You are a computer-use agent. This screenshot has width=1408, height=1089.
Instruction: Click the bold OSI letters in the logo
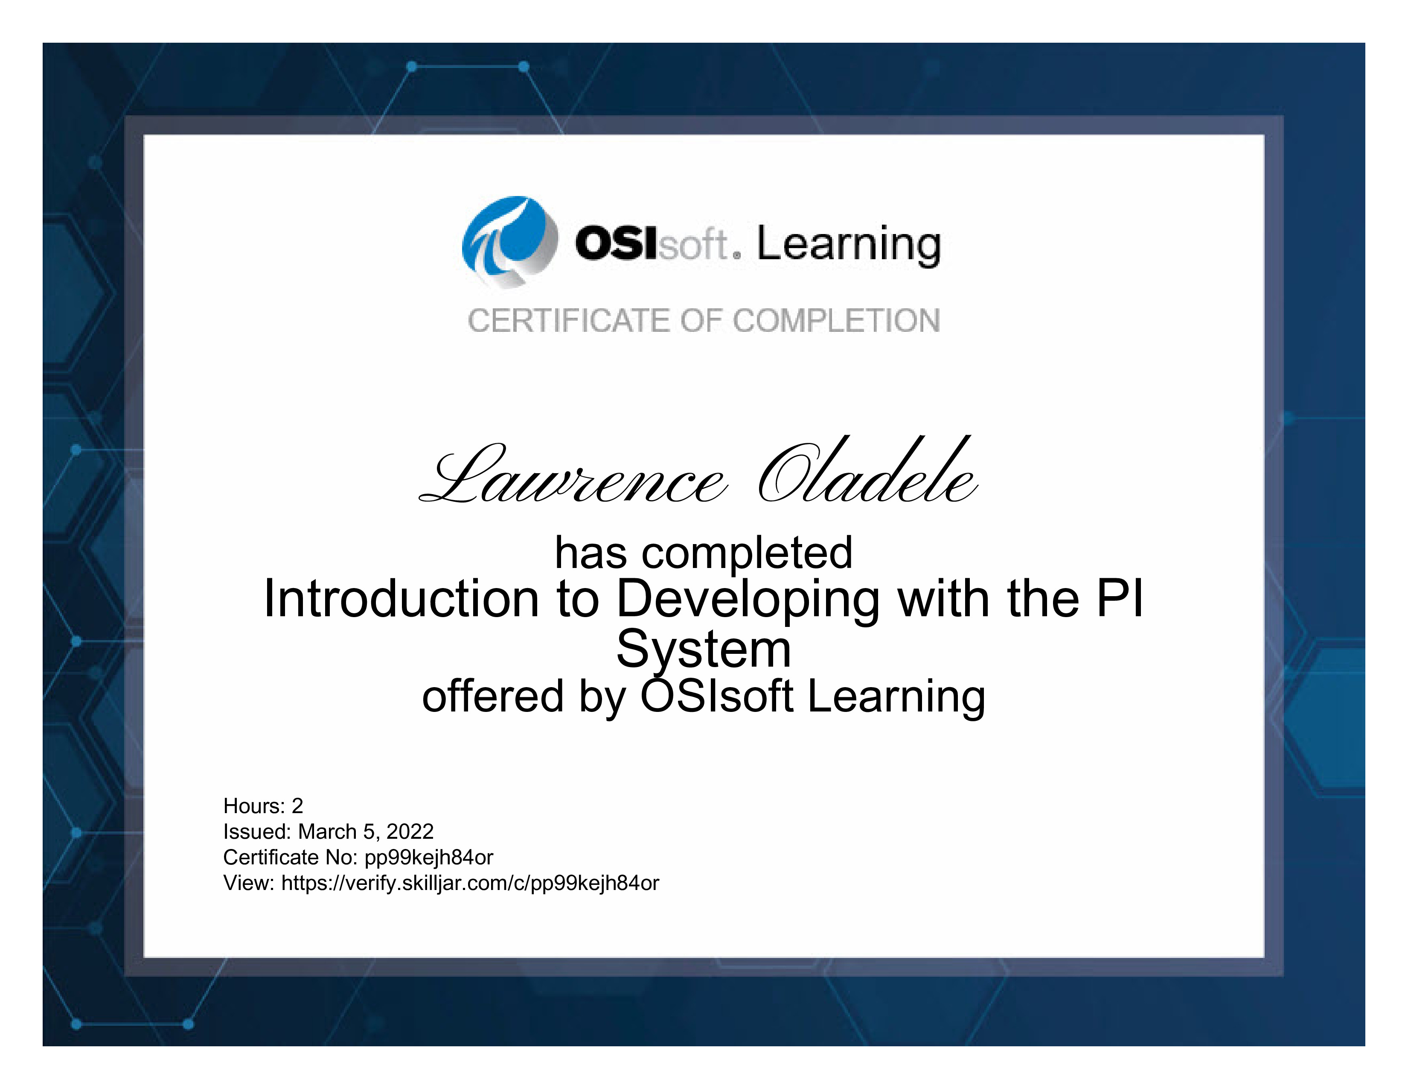[x=616, y=244]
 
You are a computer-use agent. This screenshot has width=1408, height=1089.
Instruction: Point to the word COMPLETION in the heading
[x=836, y=321]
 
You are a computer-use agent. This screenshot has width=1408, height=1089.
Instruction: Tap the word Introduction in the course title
[x=401, y=599]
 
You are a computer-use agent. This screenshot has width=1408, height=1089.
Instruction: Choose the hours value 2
[x=297, y=806]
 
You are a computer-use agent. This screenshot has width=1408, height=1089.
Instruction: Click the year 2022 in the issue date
[x=410, y=831]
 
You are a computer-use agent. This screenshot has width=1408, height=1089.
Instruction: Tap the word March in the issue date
[x=328, y=831]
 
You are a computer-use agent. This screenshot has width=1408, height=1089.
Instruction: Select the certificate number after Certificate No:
[x=429, y=858]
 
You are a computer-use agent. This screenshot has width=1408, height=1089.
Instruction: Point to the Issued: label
[x=257, y=831]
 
